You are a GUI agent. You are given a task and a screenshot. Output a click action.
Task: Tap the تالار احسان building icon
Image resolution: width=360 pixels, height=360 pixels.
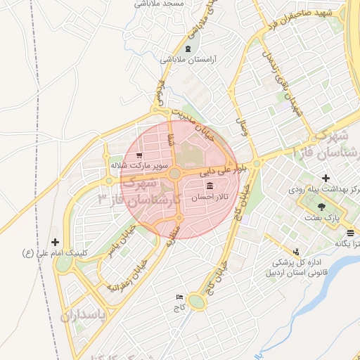tap(210, 186)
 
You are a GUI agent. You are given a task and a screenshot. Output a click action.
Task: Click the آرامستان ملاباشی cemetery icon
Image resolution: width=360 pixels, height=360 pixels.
tap(187, 49)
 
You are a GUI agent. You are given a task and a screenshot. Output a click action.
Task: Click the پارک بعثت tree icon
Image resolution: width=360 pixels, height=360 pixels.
tap(322, 207)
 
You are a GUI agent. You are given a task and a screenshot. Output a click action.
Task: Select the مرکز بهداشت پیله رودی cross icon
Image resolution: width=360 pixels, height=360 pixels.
tap(325, 179)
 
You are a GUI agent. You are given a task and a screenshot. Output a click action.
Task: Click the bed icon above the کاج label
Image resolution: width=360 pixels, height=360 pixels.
tap(178, 297)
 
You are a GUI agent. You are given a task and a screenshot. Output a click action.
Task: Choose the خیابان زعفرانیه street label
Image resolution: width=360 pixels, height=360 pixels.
tap(128, 275)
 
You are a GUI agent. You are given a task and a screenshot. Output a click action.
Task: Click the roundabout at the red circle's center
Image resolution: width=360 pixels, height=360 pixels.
tap(174, 173)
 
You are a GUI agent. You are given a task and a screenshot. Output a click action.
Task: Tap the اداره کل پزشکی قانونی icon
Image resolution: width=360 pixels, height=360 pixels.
tap(296, 252)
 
